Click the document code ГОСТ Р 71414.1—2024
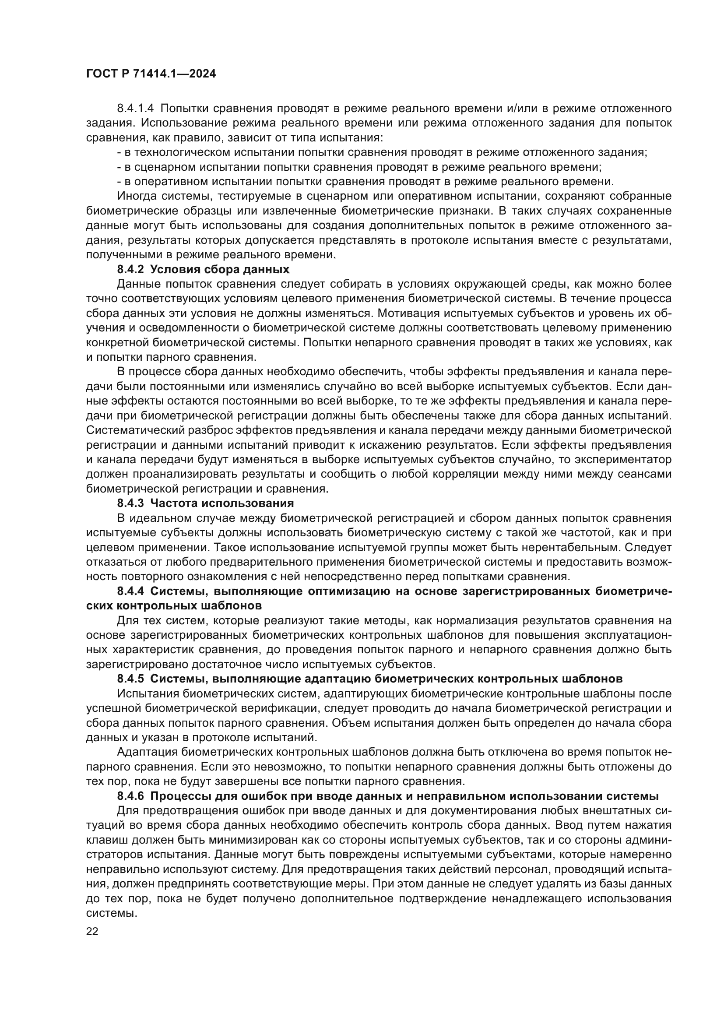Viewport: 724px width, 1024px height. [x=151, y=74]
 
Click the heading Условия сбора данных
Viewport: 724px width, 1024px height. [x=220, y=269]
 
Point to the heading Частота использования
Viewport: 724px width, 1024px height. [x=222, y=503]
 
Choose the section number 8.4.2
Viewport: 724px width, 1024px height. [x=130, y=269]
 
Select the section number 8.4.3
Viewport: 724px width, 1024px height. [x=130, y=503]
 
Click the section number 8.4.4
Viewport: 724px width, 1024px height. [x=130, y=591]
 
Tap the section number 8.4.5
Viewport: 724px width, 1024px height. [x=130, y=679]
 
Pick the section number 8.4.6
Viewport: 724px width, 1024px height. [x=130, y=796]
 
